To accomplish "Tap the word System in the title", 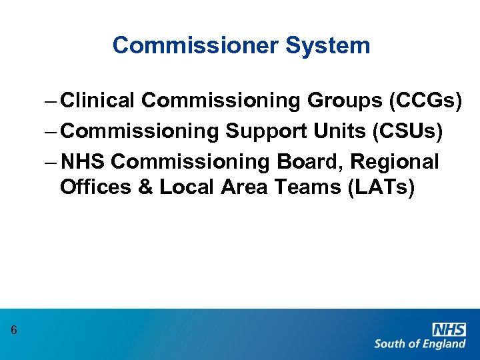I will tap(327, 45).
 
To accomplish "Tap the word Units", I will tap(344, 131).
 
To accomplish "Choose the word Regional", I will tap(395, 162).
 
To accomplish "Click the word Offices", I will tap(97, 187).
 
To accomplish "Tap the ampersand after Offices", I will tap(146, 187).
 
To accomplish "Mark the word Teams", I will tap(307, 187).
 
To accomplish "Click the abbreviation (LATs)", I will tap(381, 187).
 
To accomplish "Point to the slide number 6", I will tap(14, 330).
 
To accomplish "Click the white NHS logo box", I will tap(449, 329).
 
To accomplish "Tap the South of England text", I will tap(420, 344).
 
